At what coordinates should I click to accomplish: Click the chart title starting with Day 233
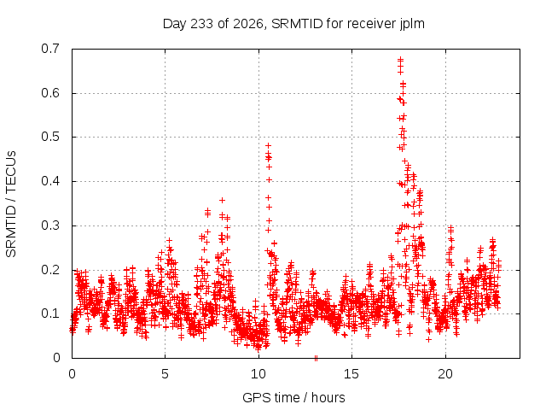click(x=293, y=24)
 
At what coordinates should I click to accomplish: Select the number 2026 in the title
click(x=248, y=24)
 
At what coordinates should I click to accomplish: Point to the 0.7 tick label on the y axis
click(x=50, y=49)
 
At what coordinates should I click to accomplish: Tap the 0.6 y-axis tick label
click(x=50, y=93)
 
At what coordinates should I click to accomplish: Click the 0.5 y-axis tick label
click(x=50, y=137)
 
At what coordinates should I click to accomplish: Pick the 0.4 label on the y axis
click(x=50, y=181)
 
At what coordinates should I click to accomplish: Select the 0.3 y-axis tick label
click(x=50, y=225)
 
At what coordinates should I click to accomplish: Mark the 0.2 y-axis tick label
click(x=50, y=270)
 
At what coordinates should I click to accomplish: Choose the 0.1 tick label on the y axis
click(x=50, y=313)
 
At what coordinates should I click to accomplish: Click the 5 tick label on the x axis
click(x=165, y=374)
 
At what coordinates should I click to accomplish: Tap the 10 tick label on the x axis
click(x=258, y=374)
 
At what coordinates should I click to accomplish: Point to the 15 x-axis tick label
click(x=351, y=374)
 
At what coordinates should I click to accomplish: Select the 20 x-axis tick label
click(x=445, y=374)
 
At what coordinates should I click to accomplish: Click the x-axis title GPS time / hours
click(x=293, y=398)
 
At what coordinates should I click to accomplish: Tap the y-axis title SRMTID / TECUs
click(x=11, y=204)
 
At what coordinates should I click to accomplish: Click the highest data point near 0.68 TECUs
click(x=400, y=59)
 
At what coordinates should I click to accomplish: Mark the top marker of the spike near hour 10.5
click(x=268, y=146)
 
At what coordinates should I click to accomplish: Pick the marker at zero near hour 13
click(x=316, y=358)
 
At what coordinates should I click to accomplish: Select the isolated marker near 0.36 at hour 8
click(x=222, y=200)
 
